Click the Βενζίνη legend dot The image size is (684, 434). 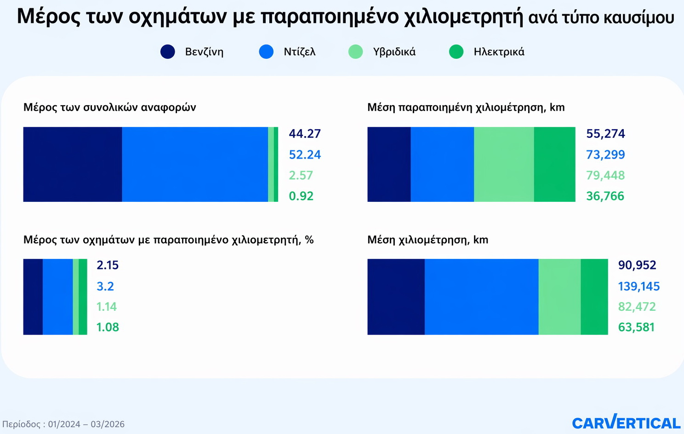click(168, 51)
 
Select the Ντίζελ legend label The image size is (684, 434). click(299, 52)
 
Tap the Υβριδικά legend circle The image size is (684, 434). click(355, 51)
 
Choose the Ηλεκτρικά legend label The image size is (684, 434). click(499, 52)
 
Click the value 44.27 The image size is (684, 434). click(305, 134)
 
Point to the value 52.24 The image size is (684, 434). click(305, 155)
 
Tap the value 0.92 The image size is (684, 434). click(301, 196)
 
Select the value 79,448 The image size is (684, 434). click(605, 176)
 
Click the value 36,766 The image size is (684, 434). click(605, 196)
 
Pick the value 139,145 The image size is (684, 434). click(638, 286)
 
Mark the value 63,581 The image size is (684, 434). click(636, 327)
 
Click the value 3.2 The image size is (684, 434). click(105, 286)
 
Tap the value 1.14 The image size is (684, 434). click(107, 307)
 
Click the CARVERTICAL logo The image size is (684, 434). click(626, 423)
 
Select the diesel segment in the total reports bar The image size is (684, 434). click(195, 164)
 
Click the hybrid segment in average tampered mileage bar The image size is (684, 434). click(504, 164)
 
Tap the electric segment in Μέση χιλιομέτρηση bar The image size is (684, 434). click(594, 297)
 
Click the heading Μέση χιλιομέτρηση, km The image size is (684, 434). click(427, 240)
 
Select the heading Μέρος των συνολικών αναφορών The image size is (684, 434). click(109, 108)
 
